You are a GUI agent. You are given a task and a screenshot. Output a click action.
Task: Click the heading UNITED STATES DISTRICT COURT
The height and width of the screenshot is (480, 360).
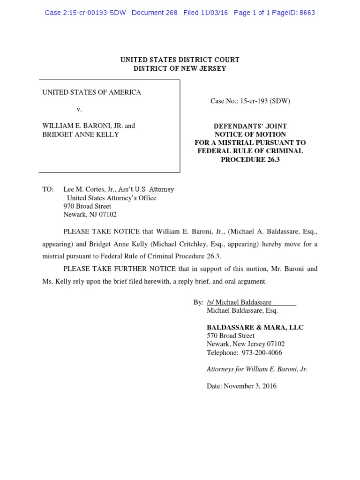(x=180, y=60)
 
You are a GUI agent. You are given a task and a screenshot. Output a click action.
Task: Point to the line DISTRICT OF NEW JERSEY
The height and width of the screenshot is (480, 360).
(x=180, y=68)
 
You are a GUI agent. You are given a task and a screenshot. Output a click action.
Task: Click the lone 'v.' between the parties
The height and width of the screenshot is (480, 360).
(x=79, y=109)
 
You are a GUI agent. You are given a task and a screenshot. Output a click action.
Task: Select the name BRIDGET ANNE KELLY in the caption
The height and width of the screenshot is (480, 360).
(x=81, y=135)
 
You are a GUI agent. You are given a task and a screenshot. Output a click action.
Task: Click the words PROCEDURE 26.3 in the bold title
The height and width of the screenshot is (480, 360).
(x=250, y=159)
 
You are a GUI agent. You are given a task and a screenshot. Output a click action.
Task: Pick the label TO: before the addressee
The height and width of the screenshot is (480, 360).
(x=48, y=189)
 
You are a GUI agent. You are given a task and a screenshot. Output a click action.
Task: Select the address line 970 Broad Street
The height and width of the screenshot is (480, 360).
(x=87, y=206)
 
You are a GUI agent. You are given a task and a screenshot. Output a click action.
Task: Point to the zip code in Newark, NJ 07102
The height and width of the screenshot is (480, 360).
(x=107, y=215)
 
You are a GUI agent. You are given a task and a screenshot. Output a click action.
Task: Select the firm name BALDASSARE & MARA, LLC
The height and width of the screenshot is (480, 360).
(x=255, y=327)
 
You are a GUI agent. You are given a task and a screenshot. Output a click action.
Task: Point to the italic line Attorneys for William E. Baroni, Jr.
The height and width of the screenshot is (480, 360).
(x=257, y=369)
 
